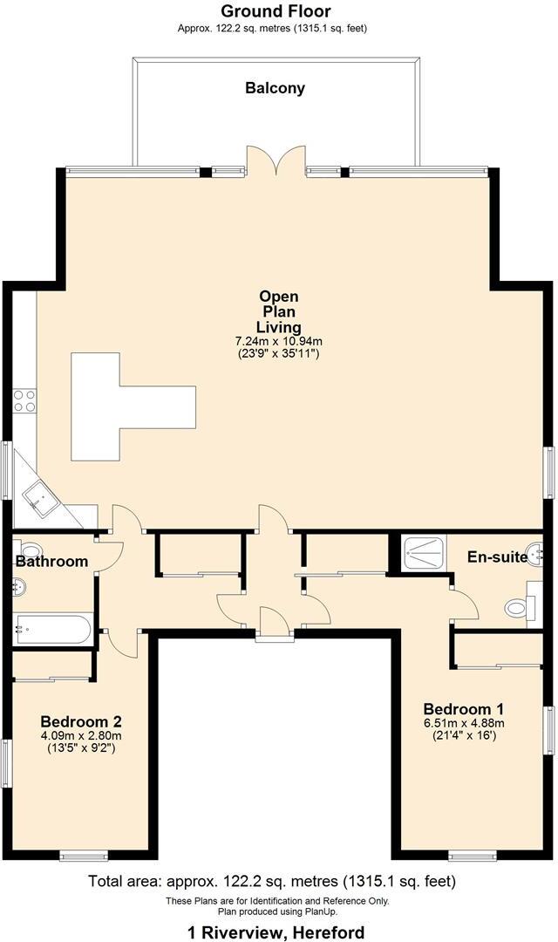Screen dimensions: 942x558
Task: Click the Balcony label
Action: (x=275, y=88)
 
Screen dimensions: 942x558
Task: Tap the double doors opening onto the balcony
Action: (x=276, y=161)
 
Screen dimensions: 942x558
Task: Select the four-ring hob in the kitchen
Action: (x=24, y=400)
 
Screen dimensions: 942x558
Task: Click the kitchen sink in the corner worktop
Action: (x=39, y=498)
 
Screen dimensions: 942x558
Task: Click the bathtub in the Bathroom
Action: (x=52, y=628)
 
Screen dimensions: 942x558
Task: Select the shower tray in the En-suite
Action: (x=424, y=551)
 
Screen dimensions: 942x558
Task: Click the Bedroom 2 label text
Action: (x=80, y=722)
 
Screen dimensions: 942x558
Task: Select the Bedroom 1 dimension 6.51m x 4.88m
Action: (x=463, y=722)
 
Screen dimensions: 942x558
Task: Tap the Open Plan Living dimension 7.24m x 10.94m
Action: (x=278, y=341)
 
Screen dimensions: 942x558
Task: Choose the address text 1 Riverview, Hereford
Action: (x=276, y=932)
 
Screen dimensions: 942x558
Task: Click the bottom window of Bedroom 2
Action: (x=84, y=855)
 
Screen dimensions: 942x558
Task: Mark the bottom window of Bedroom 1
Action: (x=472, y=855)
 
